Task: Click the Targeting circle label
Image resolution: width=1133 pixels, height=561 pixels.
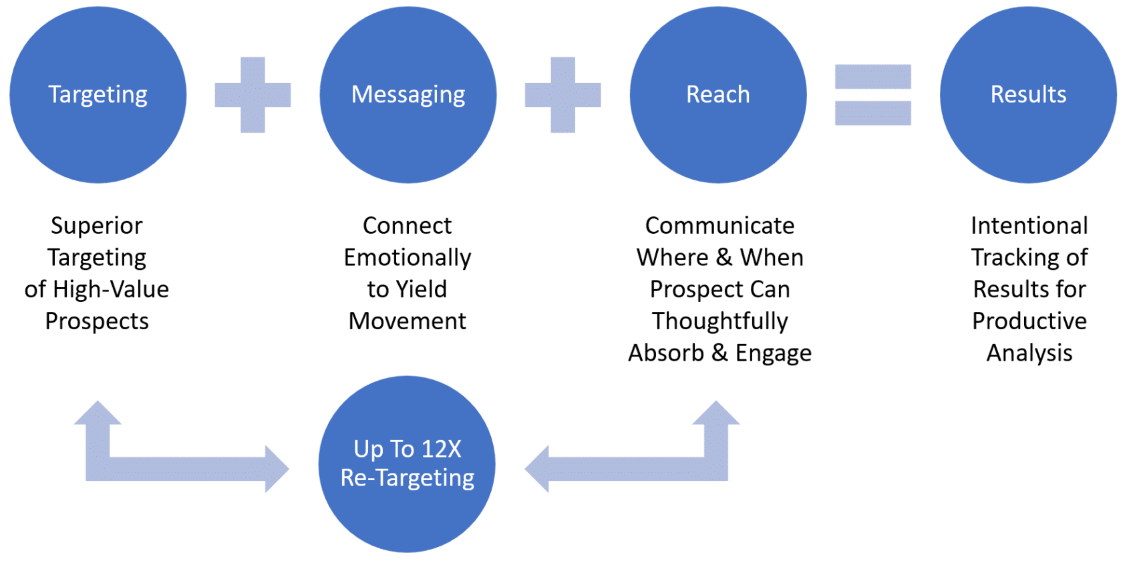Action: point(98,95)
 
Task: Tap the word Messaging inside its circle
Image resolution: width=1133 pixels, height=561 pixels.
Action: point(408,95)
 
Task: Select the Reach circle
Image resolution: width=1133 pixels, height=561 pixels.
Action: point(718,95)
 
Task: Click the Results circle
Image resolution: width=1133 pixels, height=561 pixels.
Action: point(1028,95)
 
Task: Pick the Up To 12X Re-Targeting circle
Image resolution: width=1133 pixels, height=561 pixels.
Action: point(407,463)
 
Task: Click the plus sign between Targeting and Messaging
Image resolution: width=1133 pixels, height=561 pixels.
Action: point(253,95)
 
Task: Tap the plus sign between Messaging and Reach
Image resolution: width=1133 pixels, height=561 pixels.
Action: point(562,95)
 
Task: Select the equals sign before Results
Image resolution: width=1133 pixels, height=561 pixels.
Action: point(872,95)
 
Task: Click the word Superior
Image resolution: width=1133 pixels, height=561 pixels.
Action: point(97,226)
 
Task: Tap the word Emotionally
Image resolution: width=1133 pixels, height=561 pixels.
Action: point(408,258)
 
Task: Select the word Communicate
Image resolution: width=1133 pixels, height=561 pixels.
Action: point(719,226)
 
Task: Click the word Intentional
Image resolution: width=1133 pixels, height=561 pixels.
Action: point(1029,226)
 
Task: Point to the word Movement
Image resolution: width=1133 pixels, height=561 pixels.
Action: point(408,321)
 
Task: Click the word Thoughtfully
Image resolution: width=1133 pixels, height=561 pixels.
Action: point(719,321)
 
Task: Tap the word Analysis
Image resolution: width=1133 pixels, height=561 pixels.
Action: point(1029,353)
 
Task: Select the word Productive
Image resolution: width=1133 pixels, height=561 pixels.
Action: point(1029,321)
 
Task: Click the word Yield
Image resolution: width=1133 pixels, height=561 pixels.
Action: point(421,289)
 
